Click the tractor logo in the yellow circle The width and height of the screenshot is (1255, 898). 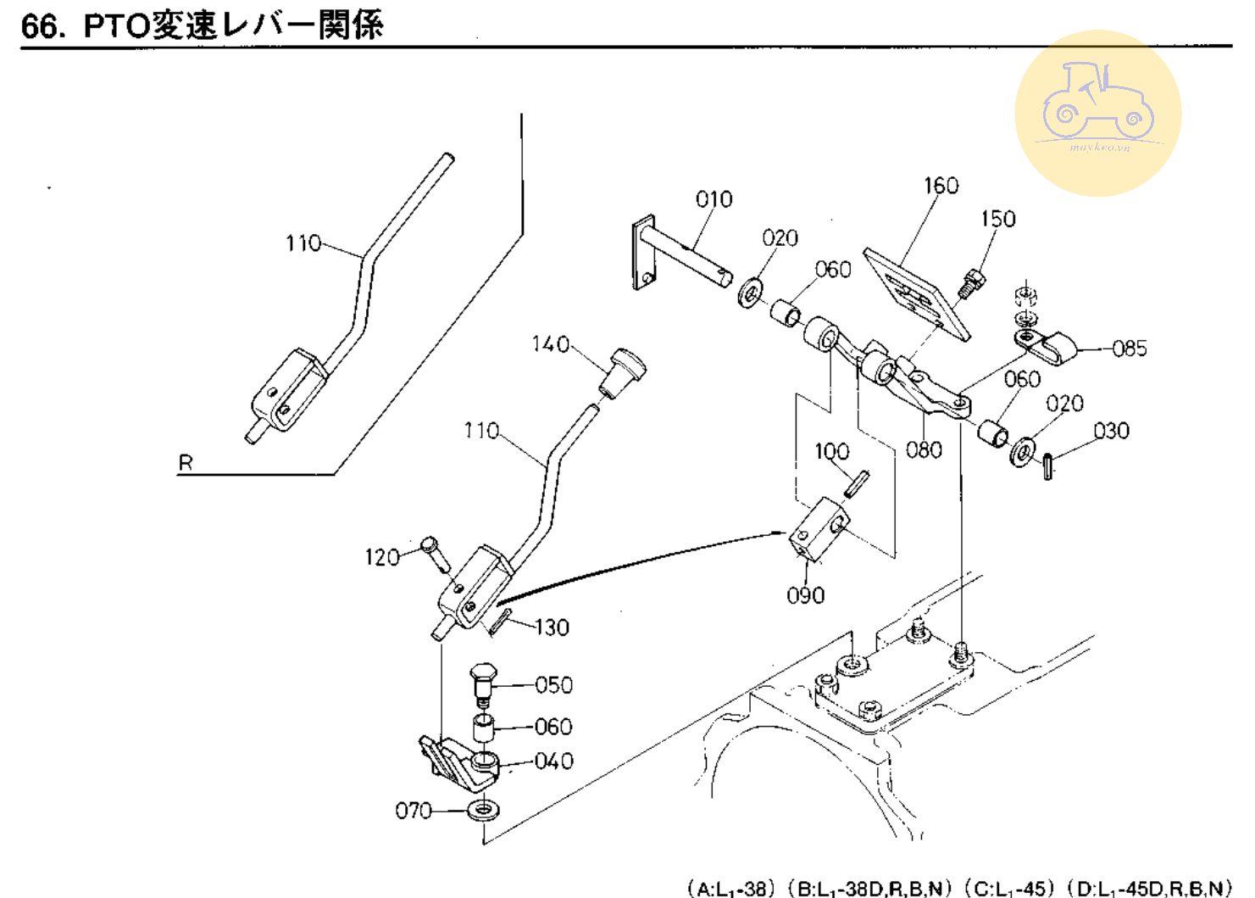(x=1098, y=102)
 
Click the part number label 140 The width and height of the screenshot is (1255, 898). (x=550, y=343)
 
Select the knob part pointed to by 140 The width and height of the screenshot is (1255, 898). (x=624, y=371)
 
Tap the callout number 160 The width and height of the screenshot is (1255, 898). (x=941, y=186)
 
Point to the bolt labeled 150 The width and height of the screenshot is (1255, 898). (x=971, y=282)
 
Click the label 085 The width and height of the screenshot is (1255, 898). (x=1129, y=349)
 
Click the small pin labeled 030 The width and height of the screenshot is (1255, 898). (x=1048, y=466)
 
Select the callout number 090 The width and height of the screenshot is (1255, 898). (x=805, y=595)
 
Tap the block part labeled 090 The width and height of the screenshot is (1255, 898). (x=819, y=531)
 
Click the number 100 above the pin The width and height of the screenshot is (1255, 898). (x=831, y=451)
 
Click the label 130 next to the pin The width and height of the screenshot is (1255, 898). (x=552, y=627)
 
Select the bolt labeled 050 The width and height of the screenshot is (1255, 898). (x=483, y=683)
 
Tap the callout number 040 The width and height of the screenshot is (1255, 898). (x=553, y=761)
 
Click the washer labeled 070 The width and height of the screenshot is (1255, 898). (x=483, y=810)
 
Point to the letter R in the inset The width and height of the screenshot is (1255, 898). (x=186, y=463)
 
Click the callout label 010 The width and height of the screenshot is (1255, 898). (x=714, y=199)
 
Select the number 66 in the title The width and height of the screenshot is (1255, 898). (x=40, y=25)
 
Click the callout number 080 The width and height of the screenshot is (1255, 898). (x=923, y=449)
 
